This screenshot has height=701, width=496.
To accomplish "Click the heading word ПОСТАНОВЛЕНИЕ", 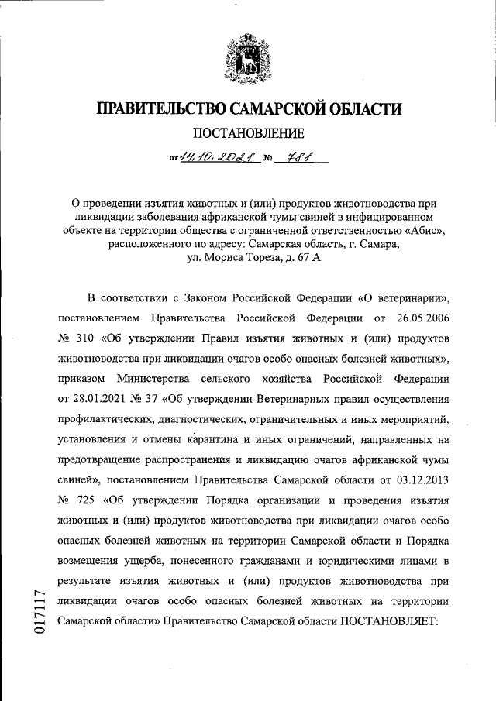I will pyautogui.click(x=248, y=132).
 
